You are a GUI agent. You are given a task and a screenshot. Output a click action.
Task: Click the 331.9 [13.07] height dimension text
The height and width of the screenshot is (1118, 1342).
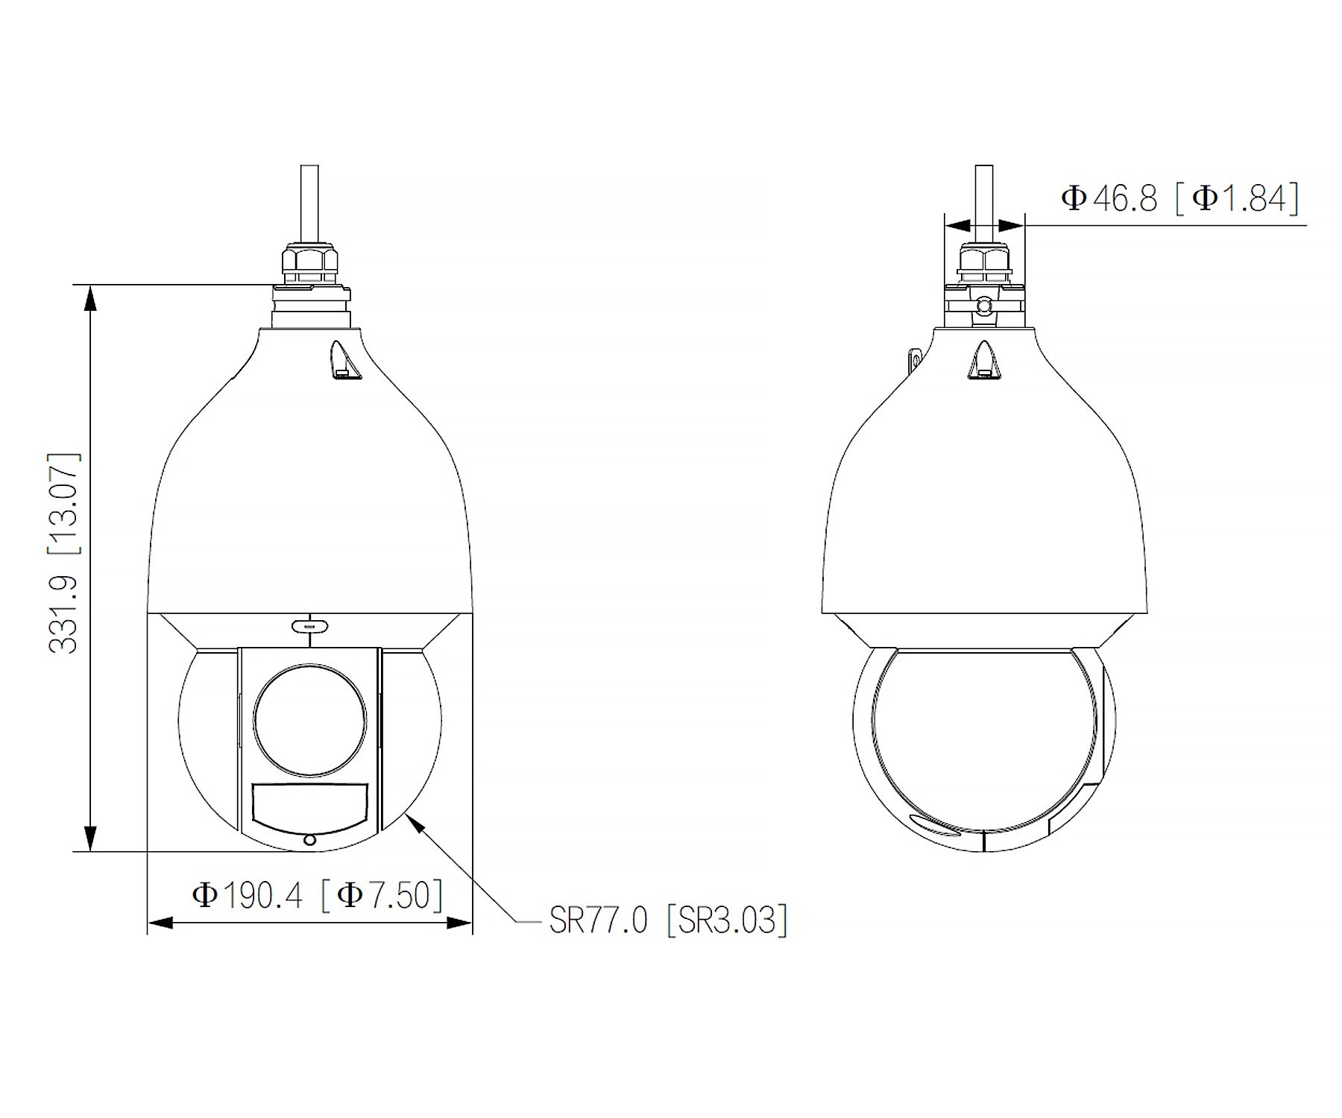tap(63, 552)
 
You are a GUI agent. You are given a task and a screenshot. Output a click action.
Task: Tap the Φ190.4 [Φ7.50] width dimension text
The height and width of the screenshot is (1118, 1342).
tap(318, 894)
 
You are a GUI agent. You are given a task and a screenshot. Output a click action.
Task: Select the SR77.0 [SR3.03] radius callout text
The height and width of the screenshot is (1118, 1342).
tap(668, 920)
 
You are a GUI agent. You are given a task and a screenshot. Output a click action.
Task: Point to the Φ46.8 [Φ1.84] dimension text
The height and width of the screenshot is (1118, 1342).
tap(1180, 198)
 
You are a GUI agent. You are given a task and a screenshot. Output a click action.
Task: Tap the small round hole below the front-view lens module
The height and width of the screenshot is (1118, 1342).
tap(310, 840)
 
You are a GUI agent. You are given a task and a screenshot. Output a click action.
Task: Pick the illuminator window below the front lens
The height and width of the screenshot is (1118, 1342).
tap(310, 807)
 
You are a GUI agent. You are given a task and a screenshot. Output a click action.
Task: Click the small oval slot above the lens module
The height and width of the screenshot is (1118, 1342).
tap(310, 625)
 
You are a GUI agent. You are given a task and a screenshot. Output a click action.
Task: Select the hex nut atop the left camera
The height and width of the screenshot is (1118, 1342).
tap(309, 260)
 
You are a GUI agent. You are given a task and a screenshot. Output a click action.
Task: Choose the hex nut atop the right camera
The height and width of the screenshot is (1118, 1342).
tap(984, 260)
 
